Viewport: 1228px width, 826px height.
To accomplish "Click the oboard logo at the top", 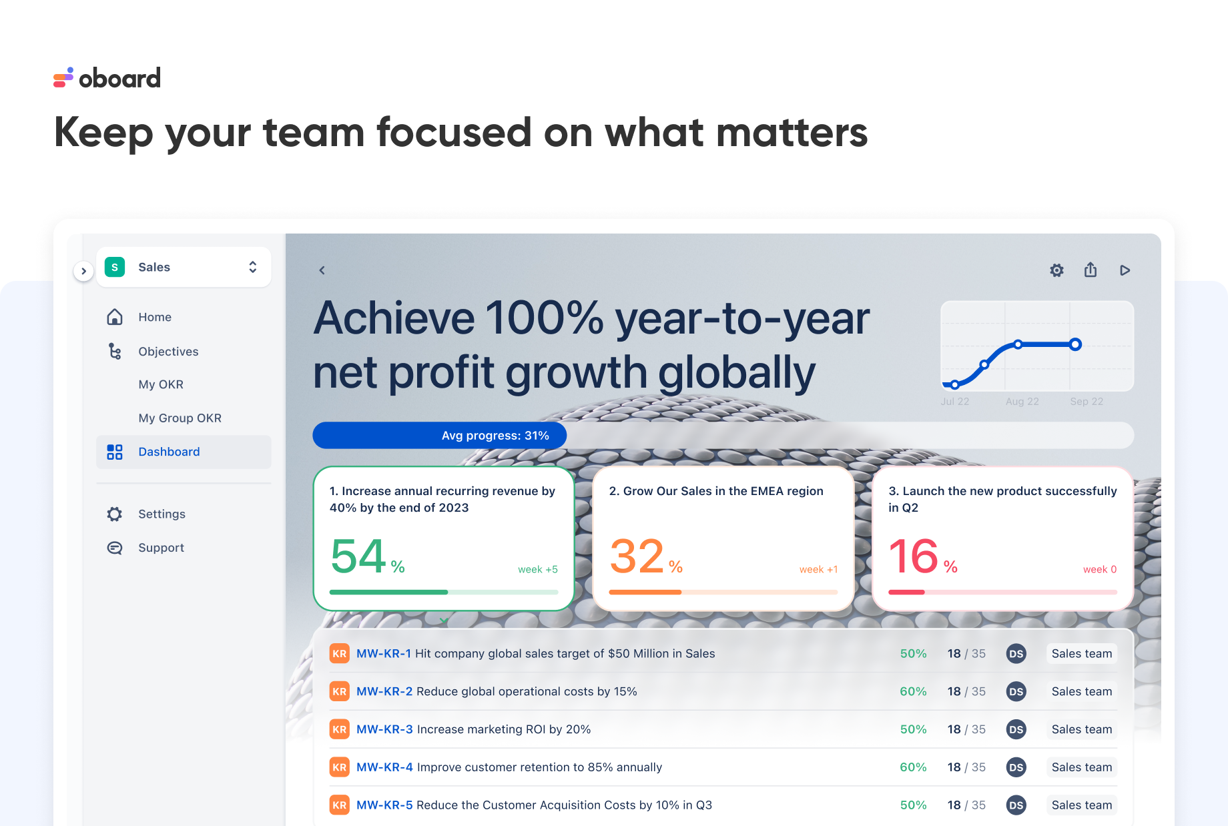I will [x=107, y=78].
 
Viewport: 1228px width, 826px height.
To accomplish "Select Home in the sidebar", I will [x=154, y=317].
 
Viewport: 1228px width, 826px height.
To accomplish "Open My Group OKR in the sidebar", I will [x=180, y=418].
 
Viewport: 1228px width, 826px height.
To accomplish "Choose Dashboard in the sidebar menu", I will [x=169, y=452].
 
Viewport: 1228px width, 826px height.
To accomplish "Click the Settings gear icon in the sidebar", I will [x=115, y=514].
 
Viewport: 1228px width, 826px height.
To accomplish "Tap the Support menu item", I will [x=161, y=548].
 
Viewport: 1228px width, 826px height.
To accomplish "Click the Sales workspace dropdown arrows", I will [x=253, y=267].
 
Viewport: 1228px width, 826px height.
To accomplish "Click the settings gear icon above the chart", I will [x=1056, y=270].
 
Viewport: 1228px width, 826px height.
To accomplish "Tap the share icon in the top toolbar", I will [x=1091, y=270].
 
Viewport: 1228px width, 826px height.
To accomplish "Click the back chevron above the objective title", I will [x=322, y=270].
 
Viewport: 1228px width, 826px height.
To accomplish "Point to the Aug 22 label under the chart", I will [x=1022, y=402].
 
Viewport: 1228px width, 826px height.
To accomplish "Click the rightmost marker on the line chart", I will [x=1075, y=344].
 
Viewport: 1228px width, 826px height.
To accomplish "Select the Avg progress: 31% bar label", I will [x=495, y=436].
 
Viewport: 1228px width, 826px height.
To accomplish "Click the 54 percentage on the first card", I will [x=359, y=556].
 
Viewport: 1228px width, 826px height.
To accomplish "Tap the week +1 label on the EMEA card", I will [x=818, y=569].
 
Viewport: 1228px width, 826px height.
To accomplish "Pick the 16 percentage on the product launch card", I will [x=914, y=556].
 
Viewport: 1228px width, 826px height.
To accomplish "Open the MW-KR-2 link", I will [x=384, y=691].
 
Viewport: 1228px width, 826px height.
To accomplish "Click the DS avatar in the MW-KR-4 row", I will [x=1016, y=767].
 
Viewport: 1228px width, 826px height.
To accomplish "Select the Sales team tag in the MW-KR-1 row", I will [x=1081, y=654].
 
